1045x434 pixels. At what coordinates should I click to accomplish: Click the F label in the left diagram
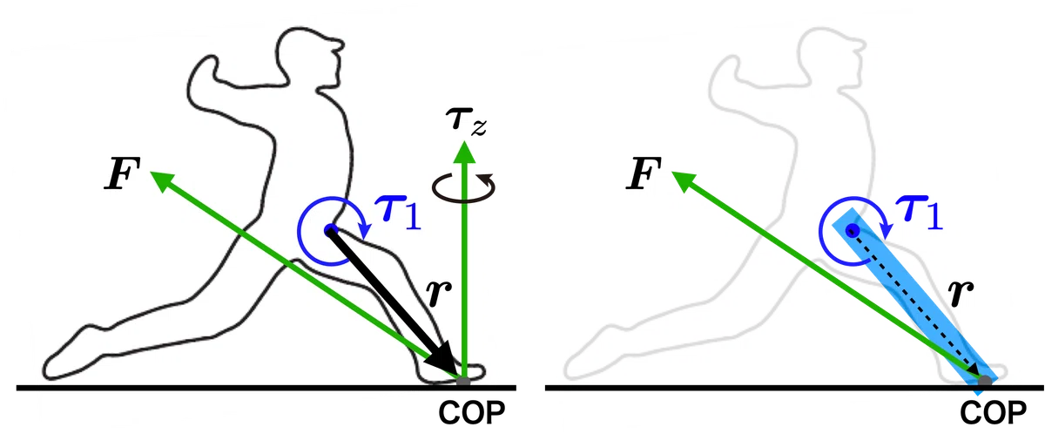[122, 173]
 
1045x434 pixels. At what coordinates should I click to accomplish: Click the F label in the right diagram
[644, 173]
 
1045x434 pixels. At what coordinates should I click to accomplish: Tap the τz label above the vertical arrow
[466, 121]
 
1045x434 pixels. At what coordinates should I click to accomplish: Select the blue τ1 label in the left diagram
[399, 214]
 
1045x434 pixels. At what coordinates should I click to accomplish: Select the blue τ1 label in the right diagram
[920, 214]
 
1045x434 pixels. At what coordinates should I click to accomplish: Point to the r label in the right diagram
[961, 293]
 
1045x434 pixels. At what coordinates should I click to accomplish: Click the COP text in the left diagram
[472, 412]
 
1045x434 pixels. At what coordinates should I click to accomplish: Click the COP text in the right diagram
[994, 412]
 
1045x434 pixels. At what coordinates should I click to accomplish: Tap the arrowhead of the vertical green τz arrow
[464, 153]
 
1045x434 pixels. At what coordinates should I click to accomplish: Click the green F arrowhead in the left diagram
[161, 180]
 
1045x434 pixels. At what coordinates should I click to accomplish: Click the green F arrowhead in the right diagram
[683, 180]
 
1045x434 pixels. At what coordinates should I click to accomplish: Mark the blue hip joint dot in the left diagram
[330, 229]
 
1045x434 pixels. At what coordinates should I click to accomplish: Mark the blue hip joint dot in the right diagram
[853, 230]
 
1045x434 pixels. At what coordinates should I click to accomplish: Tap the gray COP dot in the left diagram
[463, 382]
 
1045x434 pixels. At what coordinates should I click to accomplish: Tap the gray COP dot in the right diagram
[984, 382]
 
